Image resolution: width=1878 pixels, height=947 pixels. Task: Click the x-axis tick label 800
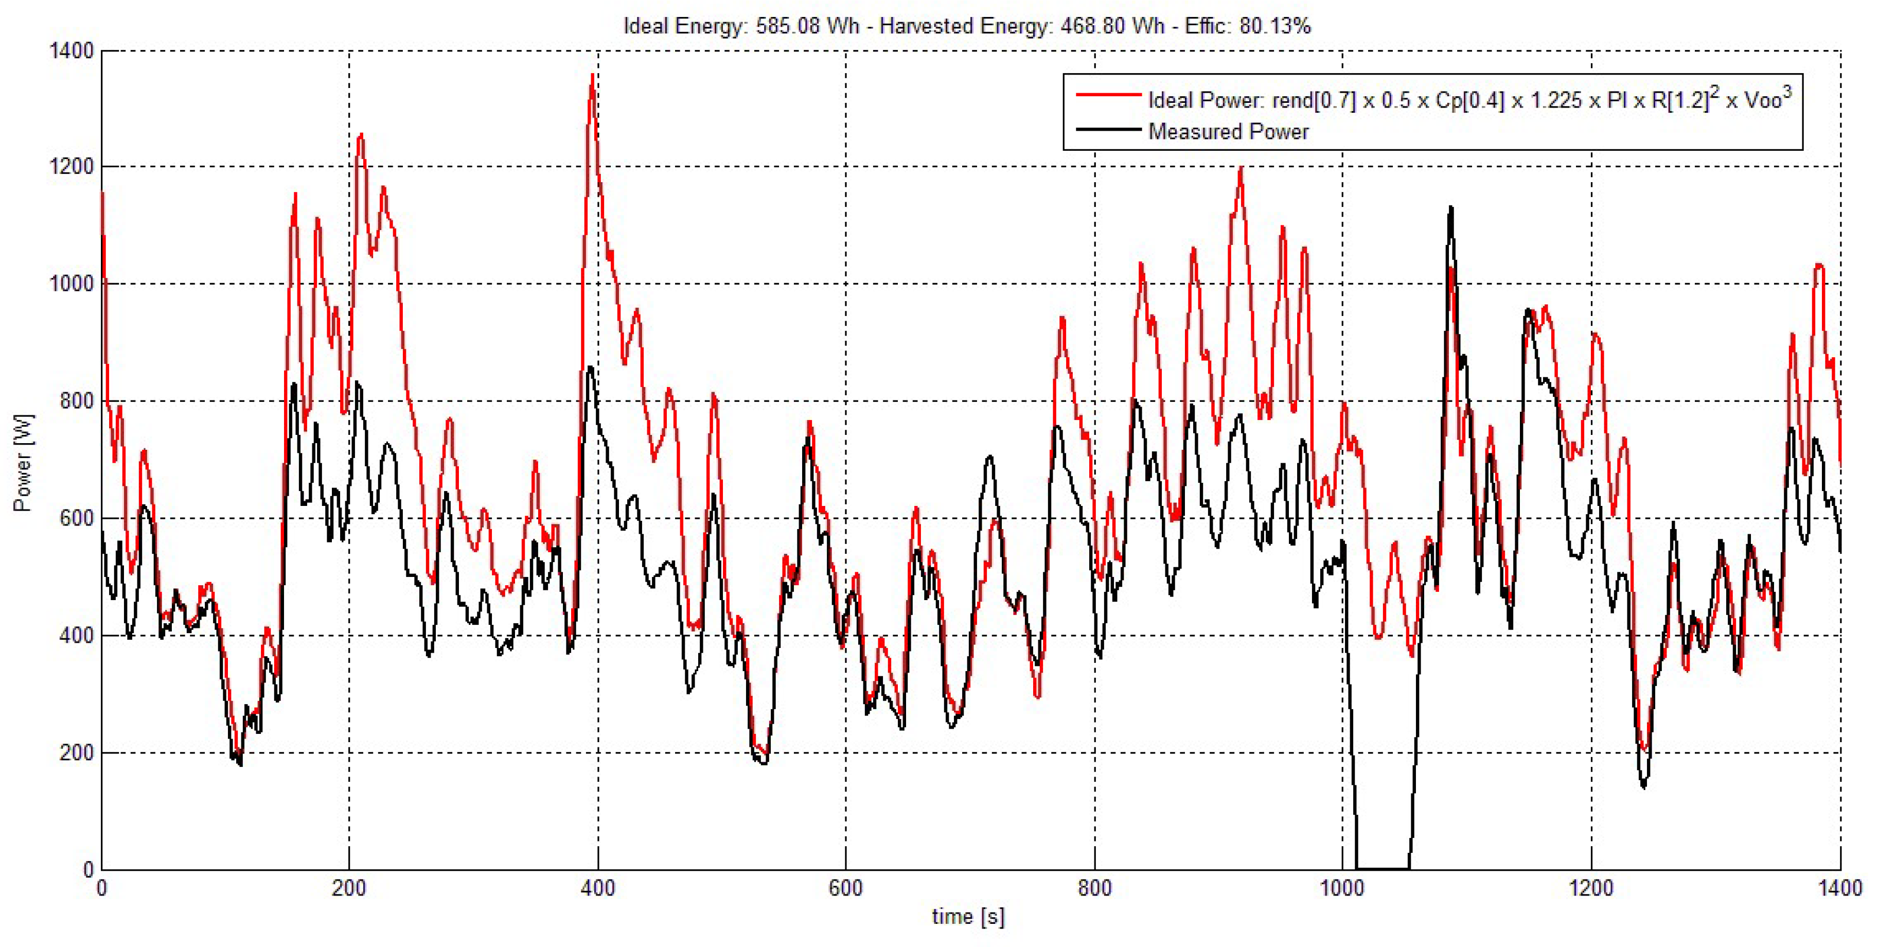click(x=1094, y=889)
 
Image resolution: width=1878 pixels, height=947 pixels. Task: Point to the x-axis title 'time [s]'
click(x=968, y=917)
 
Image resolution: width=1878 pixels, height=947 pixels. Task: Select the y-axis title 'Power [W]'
click(x=23, y=463)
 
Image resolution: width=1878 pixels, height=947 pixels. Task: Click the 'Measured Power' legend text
click(x=1229, y=132)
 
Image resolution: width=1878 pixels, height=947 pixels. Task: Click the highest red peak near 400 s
click(x=592, y=76)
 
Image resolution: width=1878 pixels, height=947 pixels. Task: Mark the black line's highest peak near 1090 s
click(x=1451, y=208)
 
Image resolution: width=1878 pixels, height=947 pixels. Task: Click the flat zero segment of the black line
click(x=1382, y=868)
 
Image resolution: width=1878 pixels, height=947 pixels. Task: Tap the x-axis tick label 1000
click(x=1342, y=889)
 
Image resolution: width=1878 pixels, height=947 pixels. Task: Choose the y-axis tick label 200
click(x=77, y=753)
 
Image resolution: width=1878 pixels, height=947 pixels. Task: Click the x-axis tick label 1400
click(x=1840, y=889)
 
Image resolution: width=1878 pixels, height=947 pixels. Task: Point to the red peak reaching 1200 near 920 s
click(x=1241, y=169)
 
